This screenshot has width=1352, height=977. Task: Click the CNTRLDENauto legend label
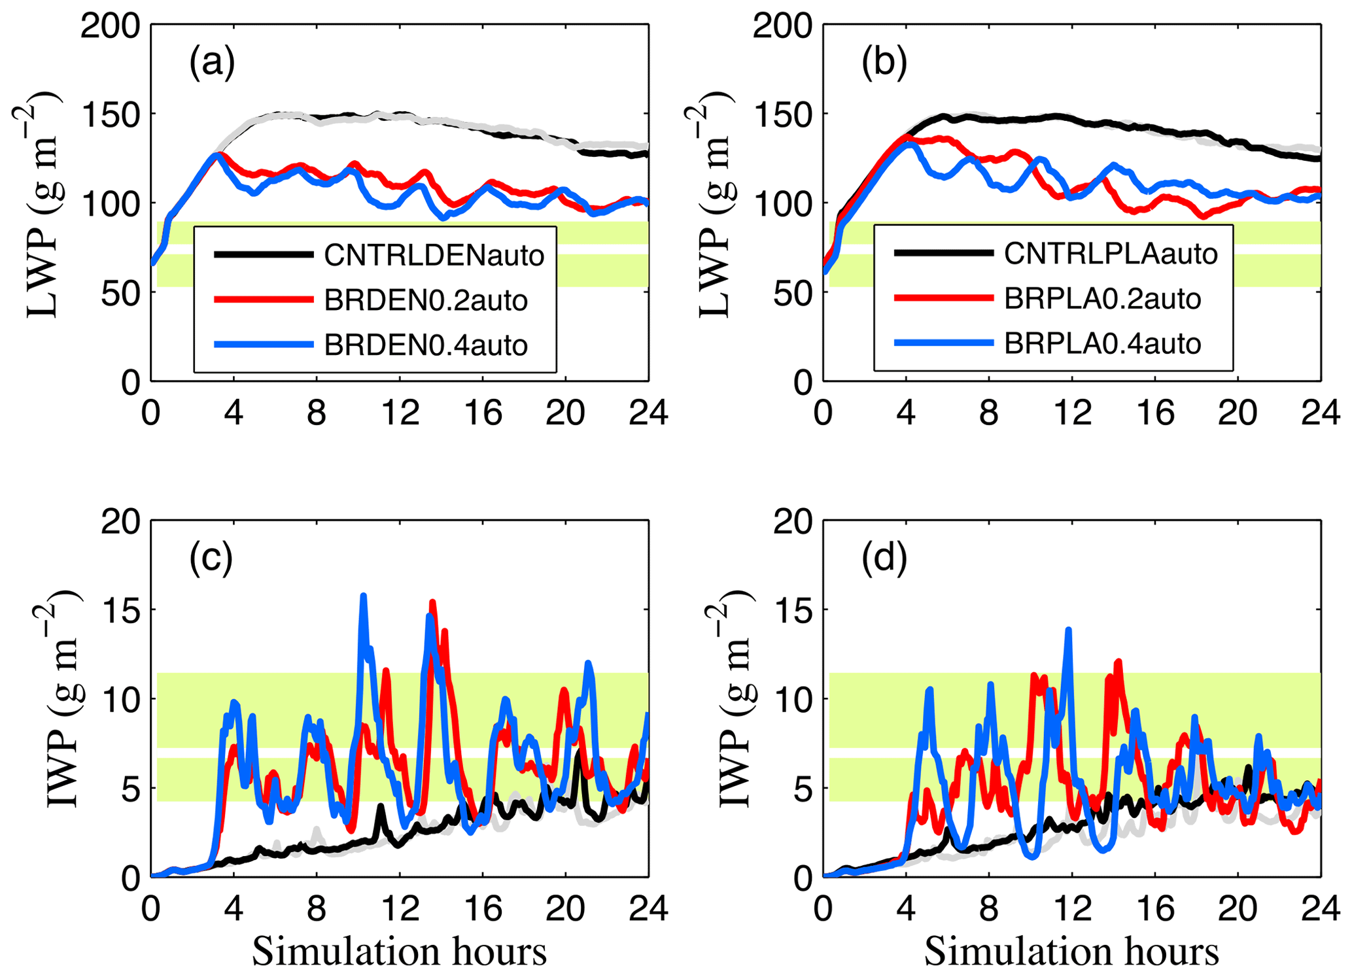click(434, 255)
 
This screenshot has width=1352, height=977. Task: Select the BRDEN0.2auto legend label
click(426, 300)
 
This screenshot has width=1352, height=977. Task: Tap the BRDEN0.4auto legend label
click(426, 345)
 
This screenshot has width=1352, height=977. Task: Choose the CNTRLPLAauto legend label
click(1111, 254)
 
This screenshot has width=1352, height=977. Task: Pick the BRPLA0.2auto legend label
click(1102, 299)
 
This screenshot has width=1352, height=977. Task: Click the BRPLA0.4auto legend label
click(1102, 343)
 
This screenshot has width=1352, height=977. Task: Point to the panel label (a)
click(211, 63)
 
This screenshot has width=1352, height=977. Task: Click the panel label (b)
click(884, 63)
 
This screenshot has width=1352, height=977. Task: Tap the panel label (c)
click(211, 559)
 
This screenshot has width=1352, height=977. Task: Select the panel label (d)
click(884, 559)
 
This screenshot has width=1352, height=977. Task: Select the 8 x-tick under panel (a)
click(317, 412)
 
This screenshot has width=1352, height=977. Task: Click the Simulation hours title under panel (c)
click(399, 951)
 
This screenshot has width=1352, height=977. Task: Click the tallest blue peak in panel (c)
click(364, 596)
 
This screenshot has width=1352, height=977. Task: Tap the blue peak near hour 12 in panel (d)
click(1069, 630)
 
